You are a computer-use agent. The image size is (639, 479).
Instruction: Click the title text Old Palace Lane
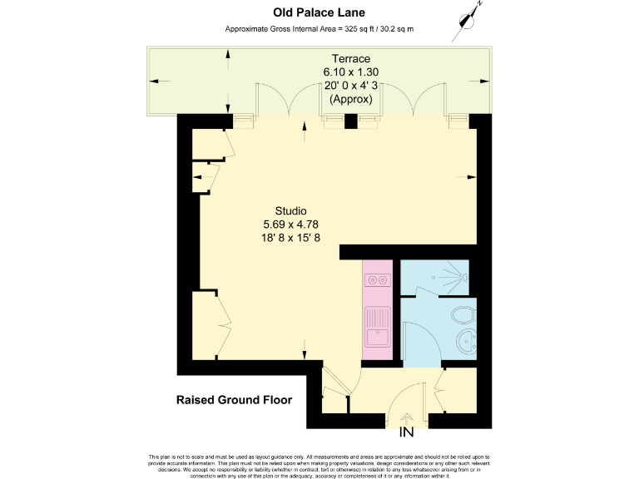pos(319,12)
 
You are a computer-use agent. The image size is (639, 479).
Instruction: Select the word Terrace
pos(350,58)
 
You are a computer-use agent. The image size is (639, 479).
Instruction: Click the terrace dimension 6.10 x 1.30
pos(350,72)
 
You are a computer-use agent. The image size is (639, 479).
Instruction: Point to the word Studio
pos(290,210)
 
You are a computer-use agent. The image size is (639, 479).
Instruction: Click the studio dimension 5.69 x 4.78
pos(290,224)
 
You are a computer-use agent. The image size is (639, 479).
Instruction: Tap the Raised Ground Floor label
pos(234,400)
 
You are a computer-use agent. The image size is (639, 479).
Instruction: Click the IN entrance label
pos(407,432)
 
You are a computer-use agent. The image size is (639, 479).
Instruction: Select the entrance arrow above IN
pos(407,418)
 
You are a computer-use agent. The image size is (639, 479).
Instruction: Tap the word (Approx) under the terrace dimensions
pos(350,99)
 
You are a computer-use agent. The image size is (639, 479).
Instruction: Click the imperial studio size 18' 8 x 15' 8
pos(290,238)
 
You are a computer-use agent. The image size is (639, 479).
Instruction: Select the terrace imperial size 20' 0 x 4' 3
pos(350,86)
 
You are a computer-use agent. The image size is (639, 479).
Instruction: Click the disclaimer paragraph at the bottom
pos(319,466)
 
